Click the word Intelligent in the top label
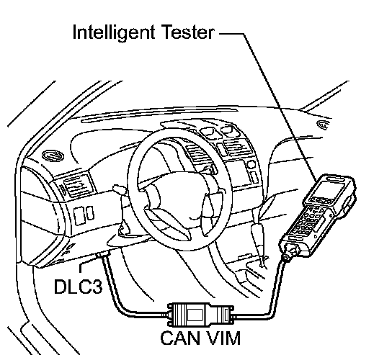114,33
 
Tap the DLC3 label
79,286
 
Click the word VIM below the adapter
223,338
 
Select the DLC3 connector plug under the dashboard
103,255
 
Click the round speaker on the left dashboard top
53,156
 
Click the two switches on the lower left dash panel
84,214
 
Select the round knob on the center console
251,165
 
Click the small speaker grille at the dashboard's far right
323,125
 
